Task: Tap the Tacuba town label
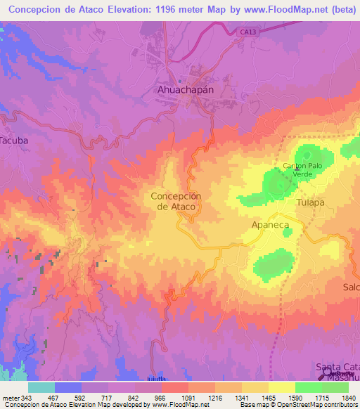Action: click(15, 140)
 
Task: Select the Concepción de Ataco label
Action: click(176, 201)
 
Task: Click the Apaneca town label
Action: click(271, 225)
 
